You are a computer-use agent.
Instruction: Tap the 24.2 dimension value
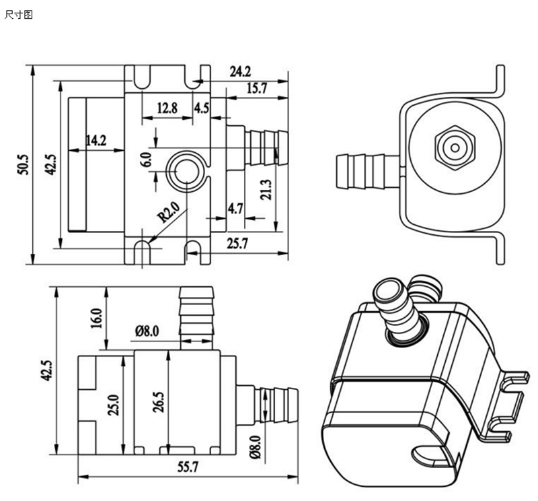(240, 71)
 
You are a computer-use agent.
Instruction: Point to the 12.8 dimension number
(167, 108)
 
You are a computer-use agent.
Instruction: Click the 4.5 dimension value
(202, 108)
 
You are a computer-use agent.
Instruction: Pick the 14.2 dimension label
(95, 140)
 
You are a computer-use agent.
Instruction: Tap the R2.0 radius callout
(168, 216)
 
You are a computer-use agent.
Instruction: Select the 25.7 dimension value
(237, 244)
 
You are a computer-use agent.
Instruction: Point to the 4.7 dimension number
(235, 208)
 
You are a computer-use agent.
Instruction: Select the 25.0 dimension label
(114, 403)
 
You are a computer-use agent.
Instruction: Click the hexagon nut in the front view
(455, 147)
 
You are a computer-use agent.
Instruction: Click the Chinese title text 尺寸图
(19, 14)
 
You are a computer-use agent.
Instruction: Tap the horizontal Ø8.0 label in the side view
(147, 331)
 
